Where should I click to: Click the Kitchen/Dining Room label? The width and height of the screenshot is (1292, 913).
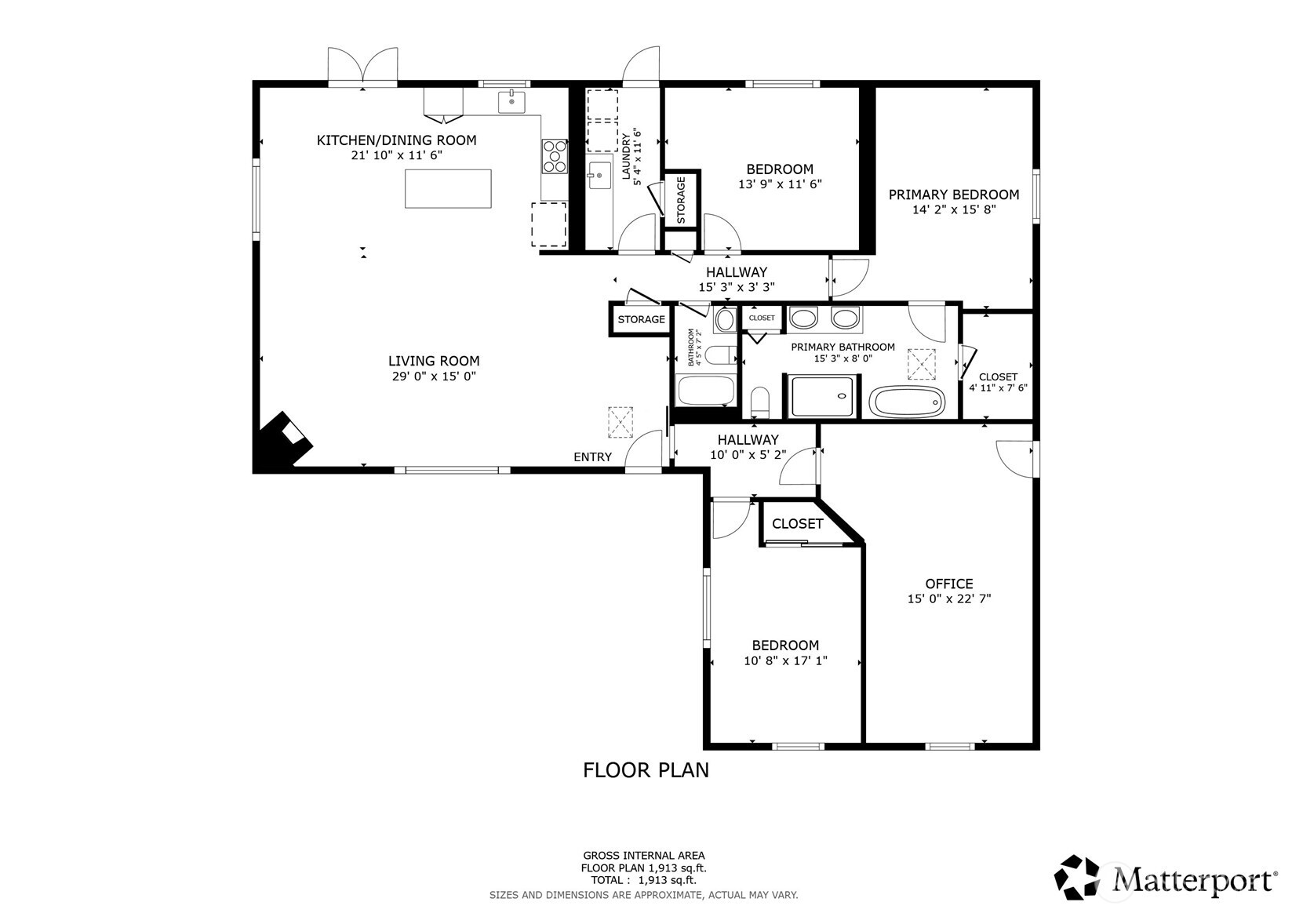point(396,140)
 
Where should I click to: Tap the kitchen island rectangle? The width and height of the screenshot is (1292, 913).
point(448,188)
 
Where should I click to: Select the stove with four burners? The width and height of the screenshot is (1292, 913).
point(555,155)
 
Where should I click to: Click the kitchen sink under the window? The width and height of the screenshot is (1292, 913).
point(511,102)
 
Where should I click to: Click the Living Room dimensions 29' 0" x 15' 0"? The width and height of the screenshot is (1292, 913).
point(434,376)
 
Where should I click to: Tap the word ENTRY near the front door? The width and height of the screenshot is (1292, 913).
point(592,457)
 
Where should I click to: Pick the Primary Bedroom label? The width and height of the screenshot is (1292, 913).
point(953,195)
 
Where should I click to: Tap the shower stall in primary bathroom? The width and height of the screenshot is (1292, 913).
point(821,396)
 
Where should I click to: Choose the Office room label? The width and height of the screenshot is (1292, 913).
point(948,584)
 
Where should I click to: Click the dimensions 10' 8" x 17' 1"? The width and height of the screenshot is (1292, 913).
point(785,661)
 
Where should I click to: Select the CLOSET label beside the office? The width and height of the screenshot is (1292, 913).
point(797,524)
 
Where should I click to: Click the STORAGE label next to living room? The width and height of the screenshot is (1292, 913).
point(641,319)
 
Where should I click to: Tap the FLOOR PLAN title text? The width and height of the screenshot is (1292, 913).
point(646,770)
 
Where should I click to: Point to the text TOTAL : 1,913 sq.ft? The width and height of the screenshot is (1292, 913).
point(643,880)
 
